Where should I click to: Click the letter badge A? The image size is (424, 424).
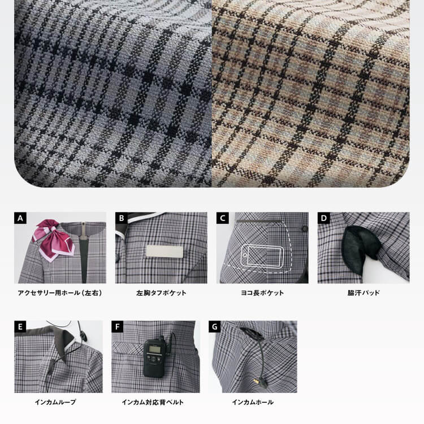pyautogui.click(x=20, y=218)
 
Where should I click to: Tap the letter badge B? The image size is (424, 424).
pyautogui.click(x=122, y=218)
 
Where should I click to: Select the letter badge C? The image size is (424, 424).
pyautogui.click(x=223, y=218)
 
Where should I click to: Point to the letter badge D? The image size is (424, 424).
pyautogui.click(x=324, y=218)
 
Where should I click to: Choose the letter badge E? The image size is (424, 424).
pyautogui.click(x=20, y=327)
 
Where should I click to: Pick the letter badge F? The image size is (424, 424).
pyautogui.click(x=118, y=327)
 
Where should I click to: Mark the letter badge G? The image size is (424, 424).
pyautogui.click(x=214, y=327)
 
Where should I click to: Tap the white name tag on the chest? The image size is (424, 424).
pyautogui.click(x=164, y=252)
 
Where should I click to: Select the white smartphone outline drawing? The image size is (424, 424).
pyautogui.click(x=262, y=256)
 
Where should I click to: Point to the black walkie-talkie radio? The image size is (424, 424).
pyautogui.click(x=154, y=356)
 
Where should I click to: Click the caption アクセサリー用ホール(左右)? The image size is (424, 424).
pyautogui.click(x=60, y=293)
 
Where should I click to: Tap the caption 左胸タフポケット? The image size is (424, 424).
pyautogui.click(x=162, y=293)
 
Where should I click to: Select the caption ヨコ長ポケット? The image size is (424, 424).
pyautogui.click(x=262, y=293)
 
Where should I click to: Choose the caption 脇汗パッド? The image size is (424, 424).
pyautogui.click(x=364, y=293)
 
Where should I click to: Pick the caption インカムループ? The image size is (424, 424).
pyautogui.click(x=55, y=402)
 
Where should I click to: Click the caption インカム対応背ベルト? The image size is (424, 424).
pyautogui.click(x=153, y=402)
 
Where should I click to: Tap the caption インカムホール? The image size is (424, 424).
pyautogui.click(x=253, y=402)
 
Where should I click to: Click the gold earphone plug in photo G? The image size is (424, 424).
pyautogui.click(x=256, y=381)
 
